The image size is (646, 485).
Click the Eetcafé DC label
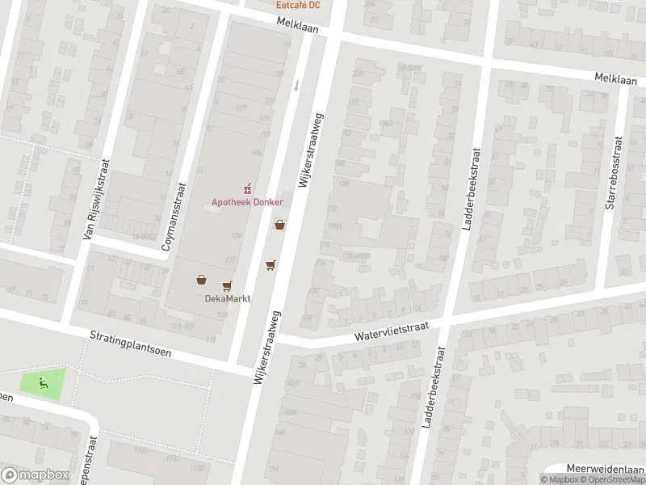click(x=298, y=5)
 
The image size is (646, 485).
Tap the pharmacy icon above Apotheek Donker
click(x=248, y=188)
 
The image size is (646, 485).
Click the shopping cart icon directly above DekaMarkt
click(x=227, y=285)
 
